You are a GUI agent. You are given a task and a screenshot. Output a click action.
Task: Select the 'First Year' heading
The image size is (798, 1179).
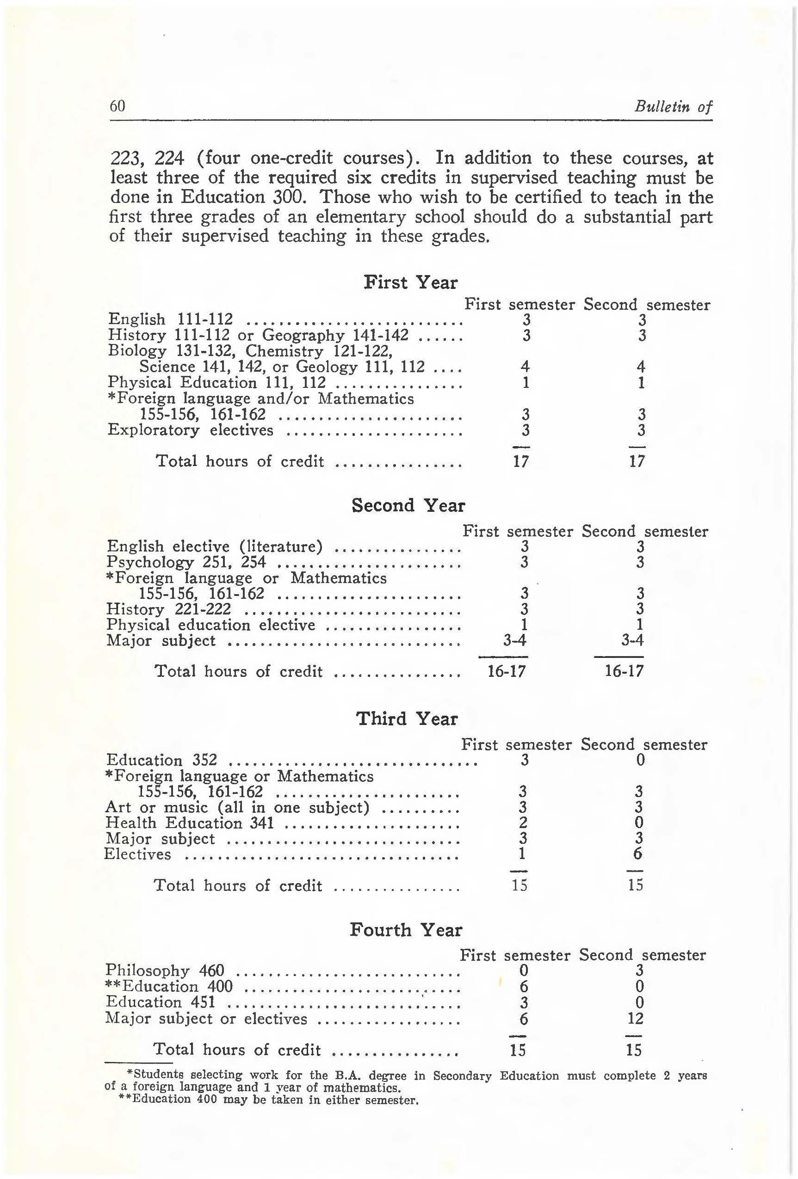(410, 282)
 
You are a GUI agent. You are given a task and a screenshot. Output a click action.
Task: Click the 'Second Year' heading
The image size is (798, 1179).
(408, 505)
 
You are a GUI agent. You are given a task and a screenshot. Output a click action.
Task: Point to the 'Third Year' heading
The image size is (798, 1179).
(407, 719)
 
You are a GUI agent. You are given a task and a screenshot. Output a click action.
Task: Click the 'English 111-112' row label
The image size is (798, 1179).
(171, 319)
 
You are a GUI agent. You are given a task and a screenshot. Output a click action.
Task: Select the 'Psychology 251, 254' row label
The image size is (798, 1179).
(186, 562)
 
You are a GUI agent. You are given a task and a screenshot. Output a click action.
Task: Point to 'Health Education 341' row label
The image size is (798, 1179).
(189, 823)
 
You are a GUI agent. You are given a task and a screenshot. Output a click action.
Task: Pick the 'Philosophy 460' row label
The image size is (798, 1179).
(165, 970)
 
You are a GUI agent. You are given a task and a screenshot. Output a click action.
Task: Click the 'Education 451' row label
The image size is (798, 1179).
(160, 1002)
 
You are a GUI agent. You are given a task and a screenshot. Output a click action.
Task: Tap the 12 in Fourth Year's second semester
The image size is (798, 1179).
(635, 1018)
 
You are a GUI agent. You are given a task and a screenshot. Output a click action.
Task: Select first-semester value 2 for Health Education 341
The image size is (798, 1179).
(523, 823)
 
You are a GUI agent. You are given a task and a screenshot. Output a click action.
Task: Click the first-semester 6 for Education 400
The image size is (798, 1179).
(524, 987)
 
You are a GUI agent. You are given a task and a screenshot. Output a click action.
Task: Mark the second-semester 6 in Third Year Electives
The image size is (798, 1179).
(638, 854)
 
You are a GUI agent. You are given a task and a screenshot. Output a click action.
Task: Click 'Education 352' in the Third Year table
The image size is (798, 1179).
(161, 760)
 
